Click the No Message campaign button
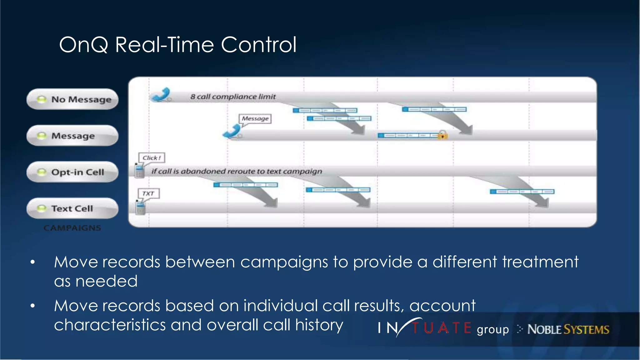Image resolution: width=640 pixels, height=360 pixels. [72, 99]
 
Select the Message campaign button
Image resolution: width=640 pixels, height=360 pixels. [72, 136]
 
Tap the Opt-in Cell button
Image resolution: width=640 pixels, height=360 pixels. [72, 172]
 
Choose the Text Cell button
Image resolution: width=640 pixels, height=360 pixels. [72, 208]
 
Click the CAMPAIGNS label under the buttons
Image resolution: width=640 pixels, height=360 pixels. [72, 228]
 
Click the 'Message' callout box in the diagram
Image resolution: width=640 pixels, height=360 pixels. [255, 119]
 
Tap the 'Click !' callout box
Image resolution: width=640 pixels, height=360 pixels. [152, 158]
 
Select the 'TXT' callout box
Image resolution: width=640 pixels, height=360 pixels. [148, 193]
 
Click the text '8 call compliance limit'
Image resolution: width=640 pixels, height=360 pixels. [233, 97]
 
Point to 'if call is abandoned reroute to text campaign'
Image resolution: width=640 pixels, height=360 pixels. [237, 171]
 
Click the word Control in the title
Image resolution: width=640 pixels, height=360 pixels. [258, 45]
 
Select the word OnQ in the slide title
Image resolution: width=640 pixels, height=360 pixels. [83, 45]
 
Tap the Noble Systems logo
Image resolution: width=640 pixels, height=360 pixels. [568, 329]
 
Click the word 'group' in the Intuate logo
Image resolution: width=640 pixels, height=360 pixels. [492, 330]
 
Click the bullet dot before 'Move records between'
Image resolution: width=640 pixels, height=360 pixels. [33, 262]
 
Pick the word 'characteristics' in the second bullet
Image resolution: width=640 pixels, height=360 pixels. [110, 325]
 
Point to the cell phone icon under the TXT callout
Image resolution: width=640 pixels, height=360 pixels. [140, 208]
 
